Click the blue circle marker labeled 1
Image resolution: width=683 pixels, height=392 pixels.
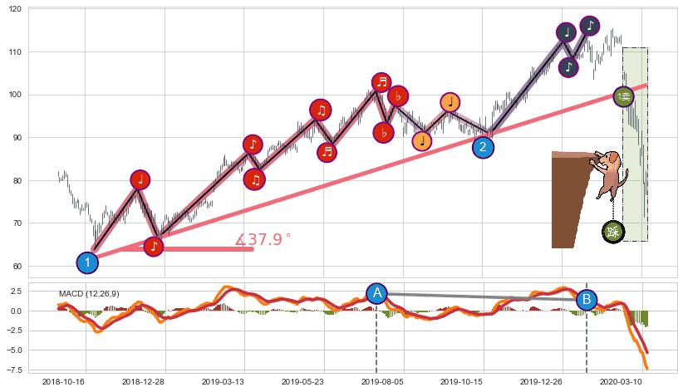[x=87, y=262]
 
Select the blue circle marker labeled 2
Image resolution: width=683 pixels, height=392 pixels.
[x=484, y=147]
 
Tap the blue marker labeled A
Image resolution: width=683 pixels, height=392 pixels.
[x=377, y=293]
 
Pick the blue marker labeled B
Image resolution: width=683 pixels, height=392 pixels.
[x=587, y=300]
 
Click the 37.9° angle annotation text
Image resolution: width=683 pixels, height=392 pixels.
[x=263, y=240]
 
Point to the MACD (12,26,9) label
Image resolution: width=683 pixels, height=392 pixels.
[x=89, y=294]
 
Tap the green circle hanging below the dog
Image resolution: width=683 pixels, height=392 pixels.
[x=613, y=232]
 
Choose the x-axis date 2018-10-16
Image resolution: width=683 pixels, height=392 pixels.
[x=64, y=382]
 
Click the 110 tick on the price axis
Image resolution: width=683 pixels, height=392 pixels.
[x=16, y=51]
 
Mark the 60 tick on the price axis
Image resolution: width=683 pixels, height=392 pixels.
[x=18, y=267]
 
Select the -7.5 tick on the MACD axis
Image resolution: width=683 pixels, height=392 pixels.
[x=14, y=370]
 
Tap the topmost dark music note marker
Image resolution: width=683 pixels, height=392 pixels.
[x=589, y=26]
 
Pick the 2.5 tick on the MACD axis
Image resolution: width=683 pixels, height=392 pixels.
[x=17, y=292]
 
